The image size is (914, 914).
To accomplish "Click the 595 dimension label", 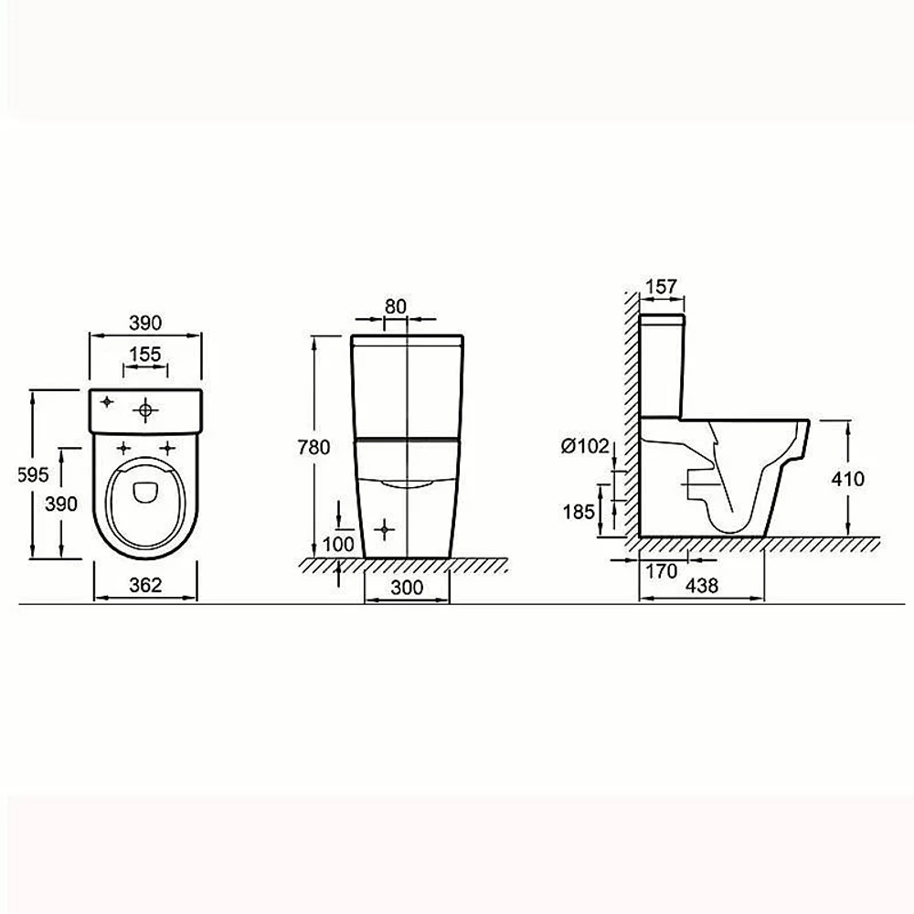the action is tap(34, 475).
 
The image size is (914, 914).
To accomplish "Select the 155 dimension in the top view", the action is tap(145, 354).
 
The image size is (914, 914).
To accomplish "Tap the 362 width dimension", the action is tap(145, 585).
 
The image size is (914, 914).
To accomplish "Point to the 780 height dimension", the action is tap(314, 447).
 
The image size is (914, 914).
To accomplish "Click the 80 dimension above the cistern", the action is tap(395, 306).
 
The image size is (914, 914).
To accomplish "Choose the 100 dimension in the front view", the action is tap(338, 544).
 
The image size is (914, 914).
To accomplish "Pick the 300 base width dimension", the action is tap(407, 587).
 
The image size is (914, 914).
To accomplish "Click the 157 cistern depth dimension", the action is tap(662, 286).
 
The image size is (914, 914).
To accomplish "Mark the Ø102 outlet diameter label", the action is tap(585, 446).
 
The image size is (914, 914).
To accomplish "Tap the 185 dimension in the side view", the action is tap(579, 512).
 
